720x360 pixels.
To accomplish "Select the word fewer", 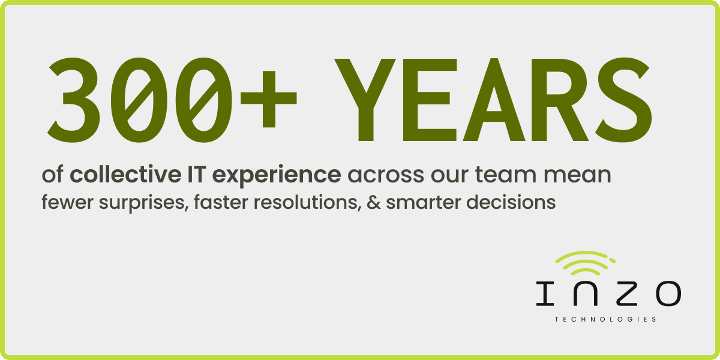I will pyautogui.click(x=62, y=203).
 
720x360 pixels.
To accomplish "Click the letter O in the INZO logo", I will pyautogui.click(x=667, y=293).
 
